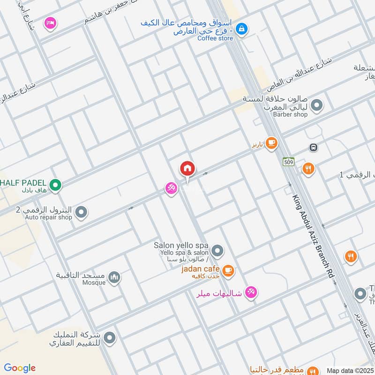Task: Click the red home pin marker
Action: point(187,168)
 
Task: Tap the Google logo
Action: point(20,368)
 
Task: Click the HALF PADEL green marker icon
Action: point(55,186)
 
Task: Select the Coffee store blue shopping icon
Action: point(241,29)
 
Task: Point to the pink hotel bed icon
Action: point(50,22)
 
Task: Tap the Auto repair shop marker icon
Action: point(82,212)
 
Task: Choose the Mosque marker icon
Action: point(114,278)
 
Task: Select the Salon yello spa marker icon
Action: point(217,251)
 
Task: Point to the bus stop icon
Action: point(313,147)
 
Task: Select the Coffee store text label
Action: point(215,38)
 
